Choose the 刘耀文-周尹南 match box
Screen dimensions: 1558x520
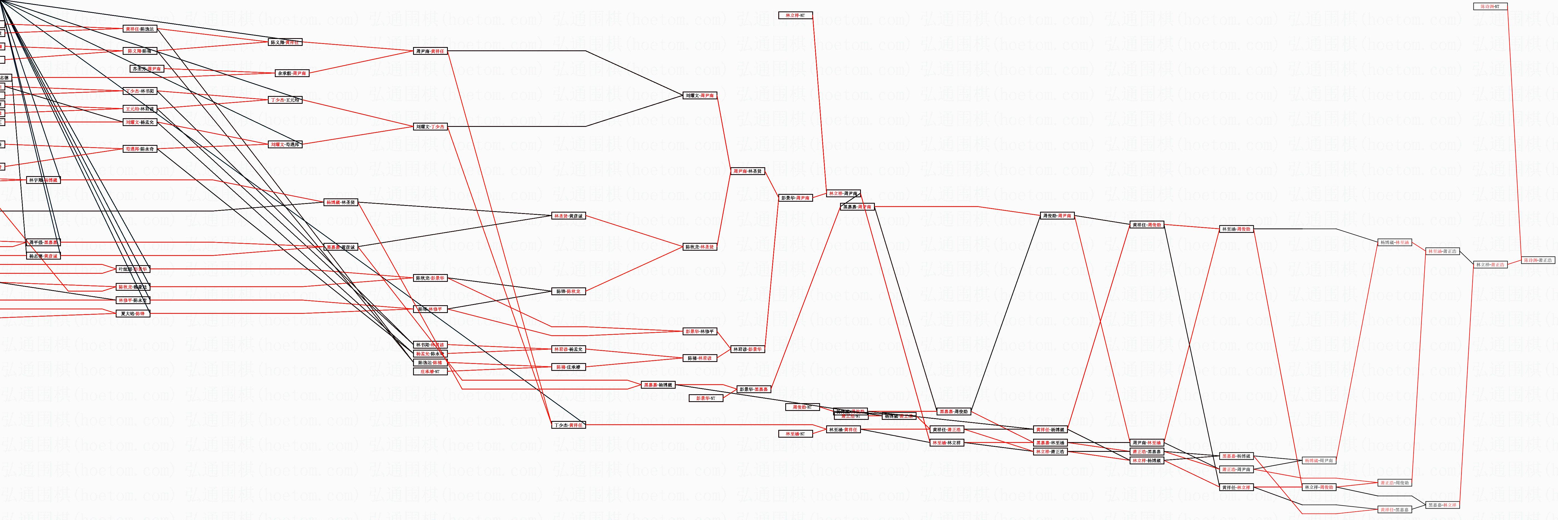tap(700, 95)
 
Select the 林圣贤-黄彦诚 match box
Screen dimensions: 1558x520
tap(569, 216)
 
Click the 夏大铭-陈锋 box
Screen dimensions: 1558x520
tap(132, 314)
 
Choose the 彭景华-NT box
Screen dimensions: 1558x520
tap(706, 398)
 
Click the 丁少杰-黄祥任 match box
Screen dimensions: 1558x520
tap(569, 425)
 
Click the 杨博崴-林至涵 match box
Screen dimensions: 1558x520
tap(1395, 242)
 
